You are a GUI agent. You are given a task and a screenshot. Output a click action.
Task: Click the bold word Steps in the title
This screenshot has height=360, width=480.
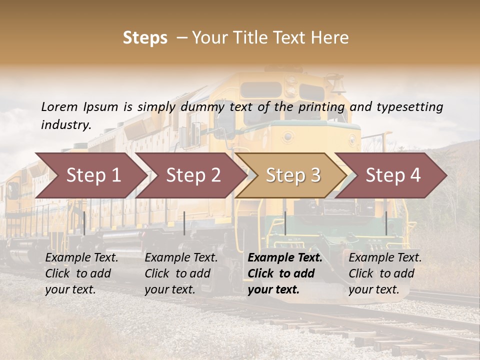(145, 38)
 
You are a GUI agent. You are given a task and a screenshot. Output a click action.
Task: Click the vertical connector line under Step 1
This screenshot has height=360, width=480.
(84, 223)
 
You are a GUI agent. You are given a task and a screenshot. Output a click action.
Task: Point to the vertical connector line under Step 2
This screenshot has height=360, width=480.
(184, 223)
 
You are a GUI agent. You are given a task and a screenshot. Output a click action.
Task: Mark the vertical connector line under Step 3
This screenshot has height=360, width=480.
(285, 223)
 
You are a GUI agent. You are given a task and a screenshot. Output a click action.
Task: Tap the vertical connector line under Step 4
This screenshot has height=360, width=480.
(386, 223)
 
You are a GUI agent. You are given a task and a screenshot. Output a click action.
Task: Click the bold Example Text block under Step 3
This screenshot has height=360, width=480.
(285, 273)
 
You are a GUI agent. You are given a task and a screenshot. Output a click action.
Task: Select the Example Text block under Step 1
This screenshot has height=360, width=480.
(81, 273)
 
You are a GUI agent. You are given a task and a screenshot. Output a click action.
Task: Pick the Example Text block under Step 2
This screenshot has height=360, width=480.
(181, 273)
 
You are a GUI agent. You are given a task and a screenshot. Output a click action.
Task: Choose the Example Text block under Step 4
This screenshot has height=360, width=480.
(385, 273)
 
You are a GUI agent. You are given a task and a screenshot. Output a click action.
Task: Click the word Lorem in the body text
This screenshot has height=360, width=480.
(59, 106)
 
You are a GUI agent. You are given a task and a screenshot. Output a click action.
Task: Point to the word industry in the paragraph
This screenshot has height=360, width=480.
(66, 125)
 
